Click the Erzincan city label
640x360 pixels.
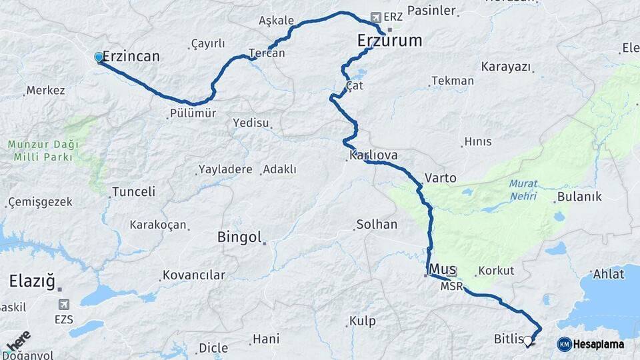pyautogui.click(x=131, y=57)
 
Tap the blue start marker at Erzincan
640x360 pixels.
pyautogui.click(x=99, y=57)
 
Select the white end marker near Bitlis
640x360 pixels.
pyautogui.click(x=528, y=341)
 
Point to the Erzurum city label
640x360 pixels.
pyautogui.click(x=389, y=41)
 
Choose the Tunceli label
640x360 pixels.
pyautogui.click(x=133, y=192)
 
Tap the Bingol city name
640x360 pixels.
pyautogui.click(x=239, y=237)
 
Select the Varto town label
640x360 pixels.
pyautogui.click(x=440, y=178)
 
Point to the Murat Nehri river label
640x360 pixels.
pyautogui.click(x=523, y=189)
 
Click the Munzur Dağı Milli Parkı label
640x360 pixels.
pyautogui.click(x=43, y=151)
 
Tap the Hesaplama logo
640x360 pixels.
pyautogui.click(x=591, y=344)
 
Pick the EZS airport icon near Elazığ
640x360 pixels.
pyautogui.click(x=65, y=305)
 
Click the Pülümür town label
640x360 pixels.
pyautogui.click(x=193, y=113)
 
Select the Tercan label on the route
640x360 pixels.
pyautogui.click(x=267, y=53)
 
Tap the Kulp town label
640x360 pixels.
pyautogui.click(x=363, y=321)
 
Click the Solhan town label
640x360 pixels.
pyautogui.click(x=377, y=225)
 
